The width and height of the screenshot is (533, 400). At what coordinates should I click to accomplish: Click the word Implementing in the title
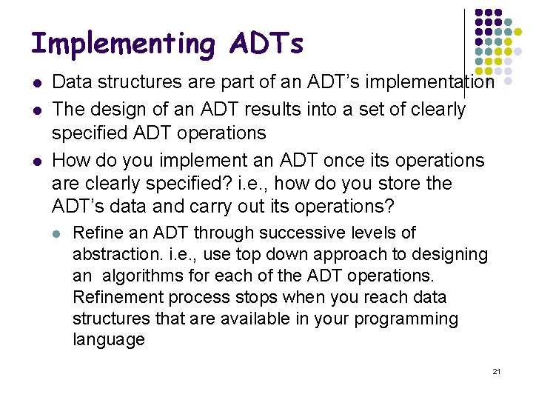click(x=122, y=44)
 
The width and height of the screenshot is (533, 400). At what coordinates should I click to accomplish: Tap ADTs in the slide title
click(x=266, y=44)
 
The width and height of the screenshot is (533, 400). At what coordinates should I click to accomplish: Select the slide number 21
click(x=497, y=371)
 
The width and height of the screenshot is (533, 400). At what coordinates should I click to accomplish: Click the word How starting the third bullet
click(x=72, y=161)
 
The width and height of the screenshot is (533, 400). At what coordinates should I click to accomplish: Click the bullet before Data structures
click(x=36, y=83)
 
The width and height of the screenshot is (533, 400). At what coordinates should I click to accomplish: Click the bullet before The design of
click(x=36, y=110)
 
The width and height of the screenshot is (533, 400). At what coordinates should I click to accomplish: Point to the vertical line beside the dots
click(x=464, y=52)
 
